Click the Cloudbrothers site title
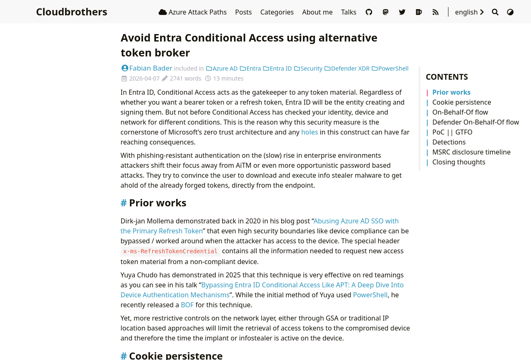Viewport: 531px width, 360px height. [x=71, y=12]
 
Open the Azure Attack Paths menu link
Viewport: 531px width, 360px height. [x=192, y=12]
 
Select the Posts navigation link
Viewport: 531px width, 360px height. [x=244, y=12]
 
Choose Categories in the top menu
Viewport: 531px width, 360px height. [x=277, y=12]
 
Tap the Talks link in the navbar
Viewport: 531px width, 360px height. [x=348, y=12]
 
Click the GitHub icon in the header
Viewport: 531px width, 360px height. [x=369, y=12]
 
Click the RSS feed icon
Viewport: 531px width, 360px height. [x=436, y=12]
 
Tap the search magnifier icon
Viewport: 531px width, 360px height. [x=495, y=12]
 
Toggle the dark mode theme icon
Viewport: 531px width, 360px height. [x=510, y=12]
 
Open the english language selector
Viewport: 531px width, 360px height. [x=469, y=12]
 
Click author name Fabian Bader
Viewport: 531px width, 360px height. [x=151, y=68]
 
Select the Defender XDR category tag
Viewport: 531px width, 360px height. [x=350, y=69]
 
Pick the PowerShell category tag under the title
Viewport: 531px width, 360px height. [x=393, y=69]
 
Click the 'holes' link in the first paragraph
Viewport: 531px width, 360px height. [x=309, y=132]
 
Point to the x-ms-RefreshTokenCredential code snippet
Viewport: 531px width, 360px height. [x=170, y=251]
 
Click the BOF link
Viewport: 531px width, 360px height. [x=187, y=305]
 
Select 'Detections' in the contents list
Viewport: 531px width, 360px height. [x=449, y=142]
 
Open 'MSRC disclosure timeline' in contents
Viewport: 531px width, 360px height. [x=471, y=152]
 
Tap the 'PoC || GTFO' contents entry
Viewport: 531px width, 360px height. [x=452, y=132]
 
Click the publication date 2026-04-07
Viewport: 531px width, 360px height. [x=144, y=78]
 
